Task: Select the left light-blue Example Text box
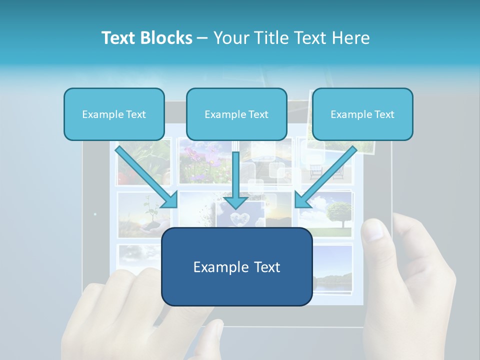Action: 114,114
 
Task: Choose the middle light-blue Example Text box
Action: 236,114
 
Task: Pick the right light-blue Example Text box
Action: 362,114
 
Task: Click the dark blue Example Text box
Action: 236,267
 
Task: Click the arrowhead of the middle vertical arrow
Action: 235,202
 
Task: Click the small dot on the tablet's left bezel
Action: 95,214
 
